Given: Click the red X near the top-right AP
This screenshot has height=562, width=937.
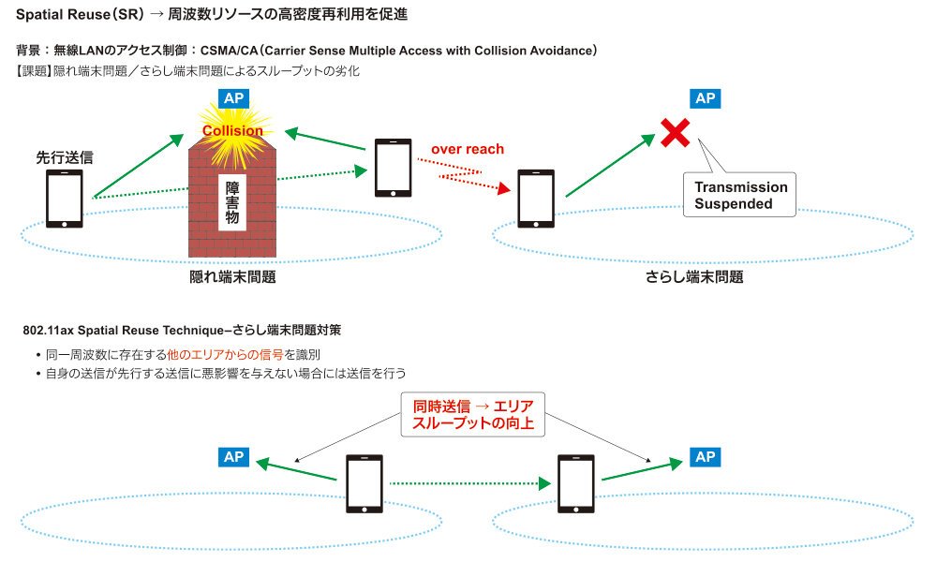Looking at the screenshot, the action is [x=676, y=133].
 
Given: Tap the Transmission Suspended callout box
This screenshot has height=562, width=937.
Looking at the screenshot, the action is [x=740, y=195].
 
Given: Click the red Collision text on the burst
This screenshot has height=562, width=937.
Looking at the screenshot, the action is [x=232, y=130].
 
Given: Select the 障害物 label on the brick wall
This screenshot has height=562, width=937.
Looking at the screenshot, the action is [x=232, y=202].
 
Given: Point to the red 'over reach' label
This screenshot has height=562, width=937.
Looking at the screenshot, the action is [x=468, y=149].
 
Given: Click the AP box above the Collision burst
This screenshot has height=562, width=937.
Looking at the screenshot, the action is [x=233, y=98].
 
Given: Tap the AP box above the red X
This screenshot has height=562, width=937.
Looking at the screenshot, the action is [x=706, y=98].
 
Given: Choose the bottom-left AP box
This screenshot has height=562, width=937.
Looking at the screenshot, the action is [x=233, y=457].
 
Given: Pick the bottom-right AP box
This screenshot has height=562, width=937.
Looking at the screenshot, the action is [x=706, y=457].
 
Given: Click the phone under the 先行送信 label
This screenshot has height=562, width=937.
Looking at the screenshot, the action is [x=65, y=199].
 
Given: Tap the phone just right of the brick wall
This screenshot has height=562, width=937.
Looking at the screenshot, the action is [x=393, y=168].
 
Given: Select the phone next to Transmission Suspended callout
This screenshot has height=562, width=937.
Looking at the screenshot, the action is [x=535, y=199].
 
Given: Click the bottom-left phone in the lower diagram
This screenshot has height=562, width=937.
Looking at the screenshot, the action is [x=364, y=483].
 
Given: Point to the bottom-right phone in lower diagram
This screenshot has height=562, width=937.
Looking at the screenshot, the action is [x=576, y=483].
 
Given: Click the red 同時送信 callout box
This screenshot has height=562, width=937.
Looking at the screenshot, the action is [x=472, y=415].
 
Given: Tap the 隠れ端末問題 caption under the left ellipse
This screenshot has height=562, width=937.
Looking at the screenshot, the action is [x=232, y=277].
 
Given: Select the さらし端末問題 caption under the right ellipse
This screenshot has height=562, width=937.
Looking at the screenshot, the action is [x=694, y=277].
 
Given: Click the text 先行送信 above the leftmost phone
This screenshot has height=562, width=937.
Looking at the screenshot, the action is [x=65, y=157].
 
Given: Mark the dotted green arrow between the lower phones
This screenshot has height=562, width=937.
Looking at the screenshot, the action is [x=469, y=483].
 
